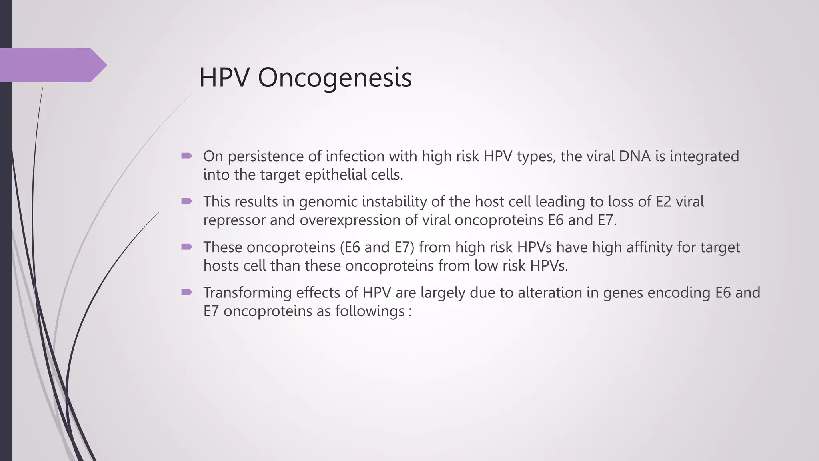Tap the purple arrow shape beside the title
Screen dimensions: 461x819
point(52,65)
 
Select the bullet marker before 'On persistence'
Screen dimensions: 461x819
point(187,156)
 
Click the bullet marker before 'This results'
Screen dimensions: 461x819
point(187,201)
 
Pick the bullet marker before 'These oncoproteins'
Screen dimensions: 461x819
point(187,247)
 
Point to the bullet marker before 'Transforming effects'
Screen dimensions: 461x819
point(187,292)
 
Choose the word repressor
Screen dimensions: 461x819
point(234,220)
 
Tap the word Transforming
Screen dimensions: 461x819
point(247,293)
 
